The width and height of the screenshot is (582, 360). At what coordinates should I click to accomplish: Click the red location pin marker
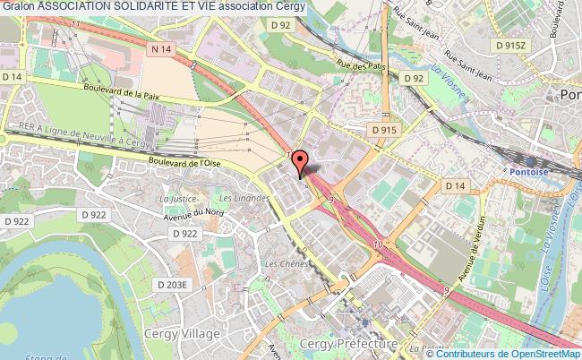tap(301, 161)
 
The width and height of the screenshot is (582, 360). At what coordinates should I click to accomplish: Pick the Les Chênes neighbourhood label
tap(281, 264)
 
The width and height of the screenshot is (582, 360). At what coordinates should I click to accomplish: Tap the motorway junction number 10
tap(379, 244)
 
